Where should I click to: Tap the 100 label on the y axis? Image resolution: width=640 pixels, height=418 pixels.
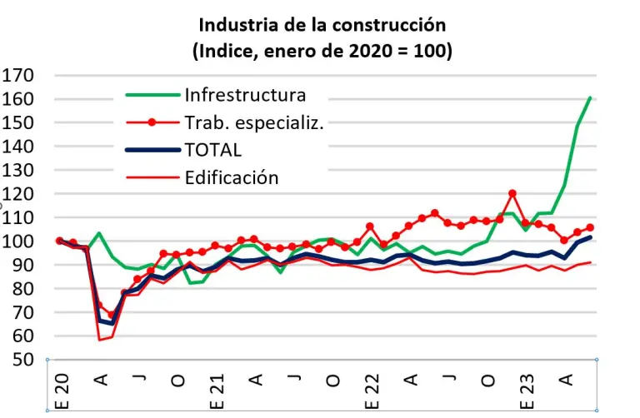pos(17,241)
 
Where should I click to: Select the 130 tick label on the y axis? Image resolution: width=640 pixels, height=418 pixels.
pos(17,171)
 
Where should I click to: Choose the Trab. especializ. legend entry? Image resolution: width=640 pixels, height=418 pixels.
pos(253,122)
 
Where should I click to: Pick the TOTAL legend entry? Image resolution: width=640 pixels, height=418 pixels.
pos(213,150)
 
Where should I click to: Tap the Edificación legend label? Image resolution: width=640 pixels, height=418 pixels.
pos(232,177)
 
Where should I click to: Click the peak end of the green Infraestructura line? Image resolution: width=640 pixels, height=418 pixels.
pos(590,98)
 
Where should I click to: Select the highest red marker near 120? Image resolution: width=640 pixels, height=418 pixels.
pos(512,194)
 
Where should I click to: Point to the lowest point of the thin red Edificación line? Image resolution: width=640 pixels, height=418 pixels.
pos(100,340)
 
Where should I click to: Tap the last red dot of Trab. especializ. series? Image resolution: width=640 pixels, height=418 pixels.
pos(590,227)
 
